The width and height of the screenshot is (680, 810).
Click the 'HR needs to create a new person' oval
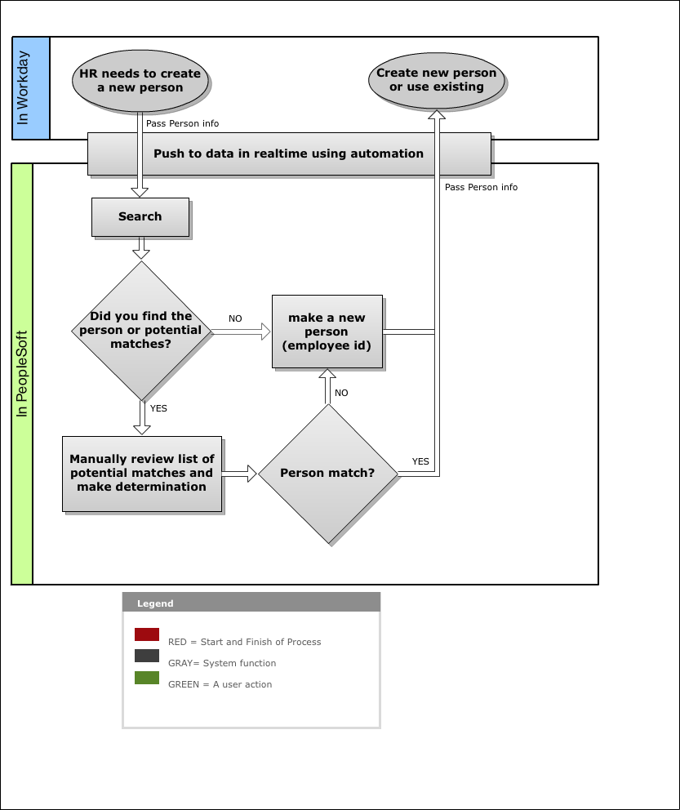click(x=140, y=81)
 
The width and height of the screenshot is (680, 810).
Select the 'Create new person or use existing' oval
click(x=436, y=80)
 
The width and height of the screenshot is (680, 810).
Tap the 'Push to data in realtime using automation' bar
click(x=289, y=154)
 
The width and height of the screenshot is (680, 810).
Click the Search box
click(x=140, y=217)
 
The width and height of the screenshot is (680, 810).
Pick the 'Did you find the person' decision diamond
click(x=141, y=331)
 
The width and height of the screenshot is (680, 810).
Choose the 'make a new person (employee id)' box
click(x=327, y=332)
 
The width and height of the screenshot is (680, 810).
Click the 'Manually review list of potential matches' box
click(x=142, y=474)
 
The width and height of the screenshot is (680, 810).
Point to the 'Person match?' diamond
click(x=328, y=474)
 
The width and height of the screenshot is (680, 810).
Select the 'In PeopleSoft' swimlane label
click(x=22, y=373)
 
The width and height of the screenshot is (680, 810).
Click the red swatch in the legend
click(x=147, y=634)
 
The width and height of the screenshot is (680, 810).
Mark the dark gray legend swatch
click(x=147, y=656)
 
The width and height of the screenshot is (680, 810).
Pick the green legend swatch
click(x=147, y=677)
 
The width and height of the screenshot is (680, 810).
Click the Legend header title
click(x=155, y=603)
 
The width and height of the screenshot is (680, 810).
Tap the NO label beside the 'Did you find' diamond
click(x=235, y=318)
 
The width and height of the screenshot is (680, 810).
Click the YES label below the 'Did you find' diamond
click(x=158, y=408)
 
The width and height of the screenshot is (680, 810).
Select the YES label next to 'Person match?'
click(x=420, y=461)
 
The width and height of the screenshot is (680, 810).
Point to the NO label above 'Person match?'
click(x=341, y=393)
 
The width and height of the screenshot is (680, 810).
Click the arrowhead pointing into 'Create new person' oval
click(x=437, y=114)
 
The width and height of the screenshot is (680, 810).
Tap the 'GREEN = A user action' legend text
click(x=220, y=684)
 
